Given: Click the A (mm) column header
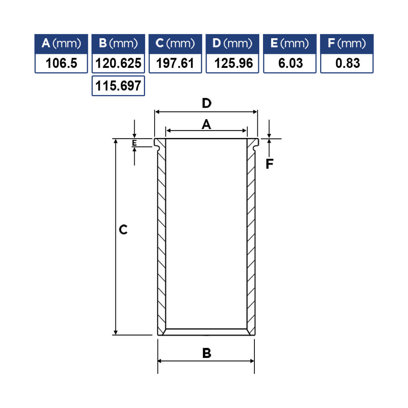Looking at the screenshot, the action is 61,44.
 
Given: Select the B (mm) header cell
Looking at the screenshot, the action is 118,44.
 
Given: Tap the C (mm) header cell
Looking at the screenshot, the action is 175,44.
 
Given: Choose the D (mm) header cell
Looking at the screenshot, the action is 232,44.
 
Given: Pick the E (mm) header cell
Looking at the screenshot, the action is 290,44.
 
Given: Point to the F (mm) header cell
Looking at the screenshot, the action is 347,44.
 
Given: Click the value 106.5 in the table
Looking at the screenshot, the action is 61,63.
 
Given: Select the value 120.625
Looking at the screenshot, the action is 118,63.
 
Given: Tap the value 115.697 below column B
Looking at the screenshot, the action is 118,86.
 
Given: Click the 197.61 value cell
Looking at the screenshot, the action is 175,63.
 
